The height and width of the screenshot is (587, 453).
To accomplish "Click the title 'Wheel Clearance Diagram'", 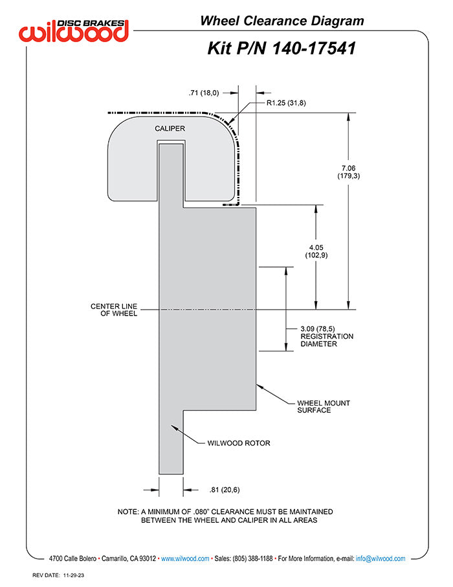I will (282, 21).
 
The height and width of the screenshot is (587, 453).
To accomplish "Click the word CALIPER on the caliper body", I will (170, 128).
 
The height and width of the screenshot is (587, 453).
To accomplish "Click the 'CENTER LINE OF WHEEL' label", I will (114, 310).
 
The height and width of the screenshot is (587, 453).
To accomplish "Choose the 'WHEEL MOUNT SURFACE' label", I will (324, 406).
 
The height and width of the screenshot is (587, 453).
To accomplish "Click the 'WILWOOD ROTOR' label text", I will (238, 444).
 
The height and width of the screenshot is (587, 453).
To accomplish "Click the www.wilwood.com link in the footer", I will (185, 558).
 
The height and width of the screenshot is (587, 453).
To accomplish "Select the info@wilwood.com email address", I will (381, 558).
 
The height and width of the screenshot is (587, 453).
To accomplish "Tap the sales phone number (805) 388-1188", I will (249, 558).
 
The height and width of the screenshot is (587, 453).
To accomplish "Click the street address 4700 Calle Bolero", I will (73, 558).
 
